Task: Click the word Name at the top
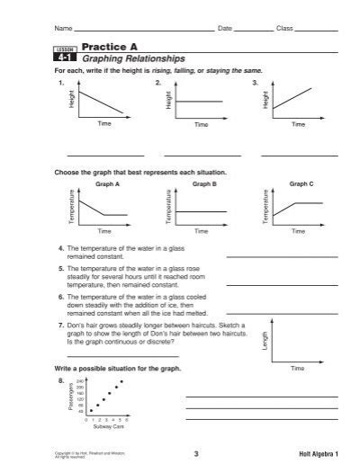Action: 63,29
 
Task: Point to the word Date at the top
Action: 225,29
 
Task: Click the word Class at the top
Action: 284,29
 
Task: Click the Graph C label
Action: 301,183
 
